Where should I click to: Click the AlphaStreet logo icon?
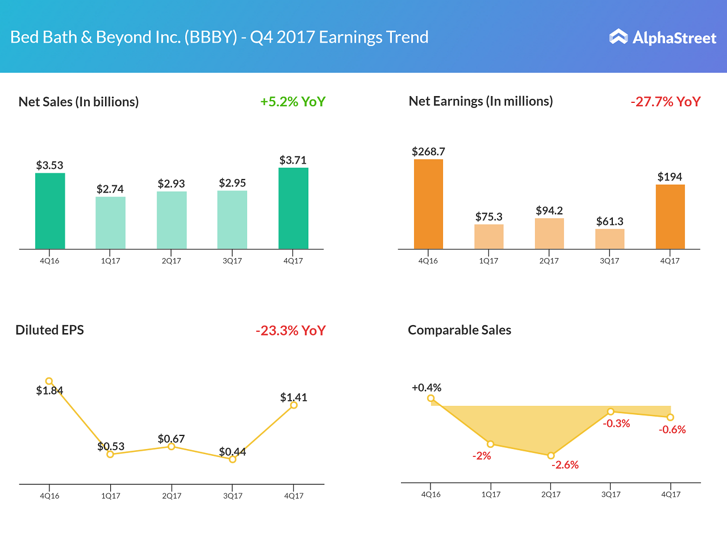(x=618, y=37)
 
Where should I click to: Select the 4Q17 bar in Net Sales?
(x=293, y=208)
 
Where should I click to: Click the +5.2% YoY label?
(x=293, y=102)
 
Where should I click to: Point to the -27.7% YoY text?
(x=665, y=102)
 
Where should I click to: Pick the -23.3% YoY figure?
(x=290, y=330)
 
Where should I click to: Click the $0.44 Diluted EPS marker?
(x=232, y=459)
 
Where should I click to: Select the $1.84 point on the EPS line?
(x=49, y=381)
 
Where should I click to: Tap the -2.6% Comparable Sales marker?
(x=550, y=455)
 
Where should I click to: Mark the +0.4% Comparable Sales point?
(x=431, y=398)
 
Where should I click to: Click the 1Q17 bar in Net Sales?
(x=110, y=223)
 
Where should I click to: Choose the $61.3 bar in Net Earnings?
(x=609, y=239)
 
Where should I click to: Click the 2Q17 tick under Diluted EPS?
(x=172, y=496)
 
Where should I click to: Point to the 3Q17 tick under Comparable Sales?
(x=611, y=495)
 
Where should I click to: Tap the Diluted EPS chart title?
(x=49, y=330)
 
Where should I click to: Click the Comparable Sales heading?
(x=459, y=330)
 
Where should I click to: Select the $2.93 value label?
(x=172, y=184)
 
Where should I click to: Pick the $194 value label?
(x=670, y=177)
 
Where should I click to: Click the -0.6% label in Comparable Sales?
(x=672, y=430)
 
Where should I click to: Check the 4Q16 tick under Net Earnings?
(x=428, y=261)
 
